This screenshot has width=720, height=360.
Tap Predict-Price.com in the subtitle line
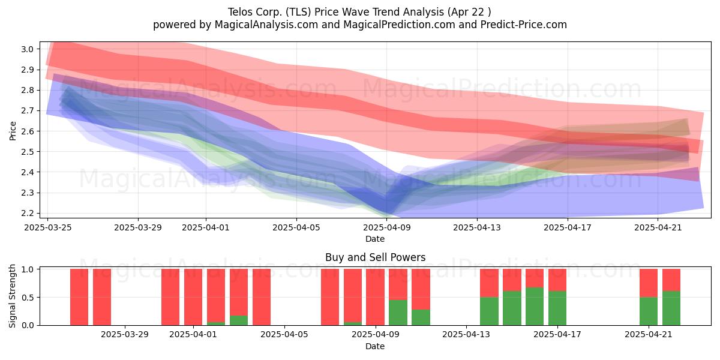[x=524, y=25]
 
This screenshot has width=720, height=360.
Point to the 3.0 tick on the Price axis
[x=27, y=49]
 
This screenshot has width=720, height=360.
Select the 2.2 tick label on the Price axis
[x=27, y=213]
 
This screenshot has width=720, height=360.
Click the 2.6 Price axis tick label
[x=27, y=131]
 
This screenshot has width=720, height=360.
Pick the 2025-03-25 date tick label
[x=48, y=227]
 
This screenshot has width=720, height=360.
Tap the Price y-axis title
[x=13, y=131]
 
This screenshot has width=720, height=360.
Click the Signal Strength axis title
[x=12, y=296]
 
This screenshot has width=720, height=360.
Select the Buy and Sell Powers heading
[x=375, y=257]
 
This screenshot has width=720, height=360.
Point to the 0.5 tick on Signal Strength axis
[x=27, y=298]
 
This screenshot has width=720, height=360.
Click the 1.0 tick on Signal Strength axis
[x=27, y=269]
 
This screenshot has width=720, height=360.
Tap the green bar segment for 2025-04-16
[x=535, y=307]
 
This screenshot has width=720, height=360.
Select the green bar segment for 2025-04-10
[x=398, y=313]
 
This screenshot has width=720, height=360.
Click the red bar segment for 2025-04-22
[x=671, y=280]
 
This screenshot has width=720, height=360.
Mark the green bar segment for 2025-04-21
[x=649, y=311]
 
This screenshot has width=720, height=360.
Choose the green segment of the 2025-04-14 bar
[x=489, y=311]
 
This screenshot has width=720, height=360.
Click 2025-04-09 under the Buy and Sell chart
[x=375, y=335]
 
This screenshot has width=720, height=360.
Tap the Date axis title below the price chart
[x=375, y=239]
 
